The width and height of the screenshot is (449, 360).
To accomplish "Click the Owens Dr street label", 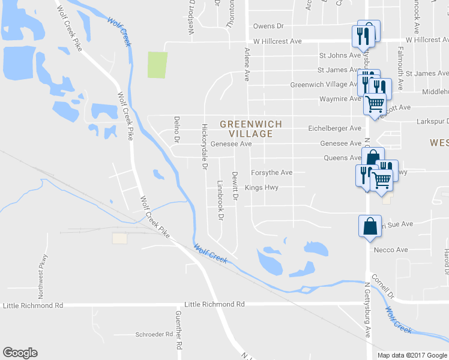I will (268, 26).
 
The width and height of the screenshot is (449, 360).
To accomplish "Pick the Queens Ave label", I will (343, 158).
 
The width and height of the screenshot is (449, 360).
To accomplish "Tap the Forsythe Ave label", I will (271, 172).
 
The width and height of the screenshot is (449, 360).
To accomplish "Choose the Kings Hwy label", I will (262, 187).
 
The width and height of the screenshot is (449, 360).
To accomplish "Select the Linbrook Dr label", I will (221, 199).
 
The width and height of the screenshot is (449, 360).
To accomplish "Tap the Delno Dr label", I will (177, 129).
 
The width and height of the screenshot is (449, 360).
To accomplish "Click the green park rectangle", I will (157, 65).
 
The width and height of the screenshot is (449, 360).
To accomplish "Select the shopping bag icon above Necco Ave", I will (369, 226).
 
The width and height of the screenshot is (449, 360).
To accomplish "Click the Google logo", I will (20, 353).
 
